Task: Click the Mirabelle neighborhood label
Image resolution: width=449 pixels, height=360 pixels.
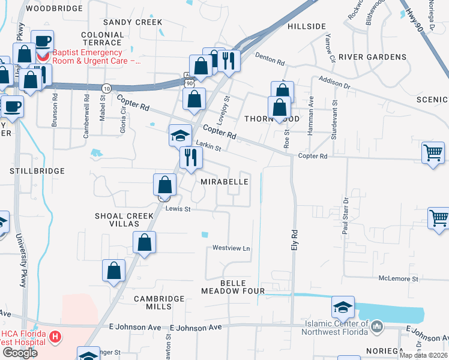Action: coord(224,181)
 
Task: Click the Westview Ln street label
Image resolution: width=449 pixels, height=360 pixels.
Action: coord(231,248)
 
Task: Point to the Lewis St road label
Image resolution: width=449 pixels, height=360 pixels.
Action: coord(178,209)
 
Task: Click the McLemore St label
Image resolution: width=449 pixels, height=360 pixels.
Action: coord(398,279)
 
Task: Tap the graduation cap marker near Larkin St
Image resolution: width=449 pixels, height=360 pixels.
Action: coord(179,136)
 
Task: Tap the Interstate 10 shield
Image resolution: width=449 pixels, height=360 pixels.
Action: coord(106,88)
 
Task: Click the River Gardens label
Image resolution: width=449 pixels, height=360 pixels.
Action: coord(372,57)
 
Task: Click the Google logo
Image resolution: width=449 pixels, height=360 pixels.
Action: coord(20,353)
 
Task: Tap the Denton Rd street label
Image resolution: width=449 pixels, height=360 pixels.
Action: coord(269,58)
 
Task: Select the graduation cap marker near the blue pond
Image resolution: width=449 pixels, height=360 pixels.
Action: coord(343,308)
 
